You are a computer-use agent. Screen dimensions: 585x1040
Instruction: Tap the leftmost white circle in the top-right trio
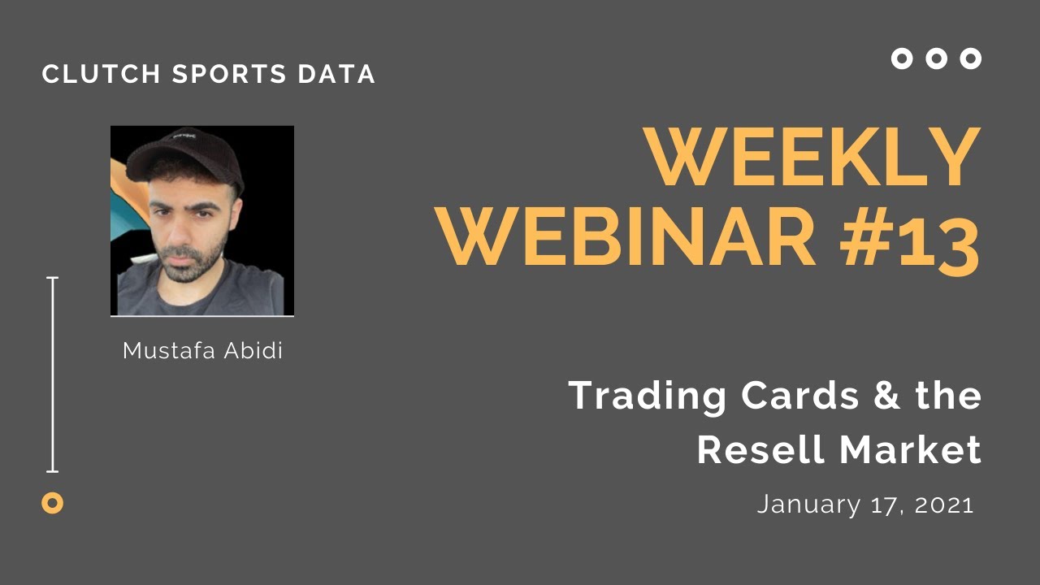click(902, 58)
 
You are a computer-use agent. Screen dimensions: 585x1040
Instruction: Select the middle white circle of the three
click(936, 58)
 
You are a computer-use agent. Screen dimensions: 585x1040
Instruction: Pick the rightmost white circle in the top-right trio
click(970, 58)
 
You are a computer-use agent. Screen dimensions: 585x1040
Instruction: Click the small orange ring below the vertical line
click(52, 503)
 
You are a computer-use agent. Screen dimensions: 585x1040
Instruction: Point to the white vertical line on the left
click(53, 374)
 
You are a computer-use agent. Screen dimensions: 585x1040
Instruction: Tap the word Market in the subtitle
click(910, 449)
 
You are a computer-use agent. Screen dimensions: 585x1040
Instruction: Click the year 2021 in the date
click(944, 505)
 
